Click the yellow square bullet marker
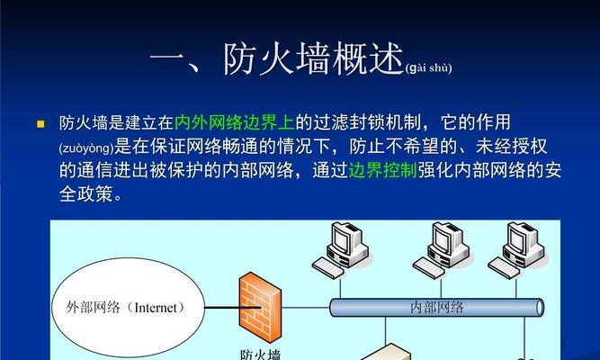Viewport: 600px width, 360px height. pos(40,124)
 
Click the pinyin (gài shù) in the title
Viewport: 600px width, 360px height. pos(428,67)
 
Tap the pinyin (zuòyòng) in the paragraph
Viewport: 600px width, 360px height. pos(86,148)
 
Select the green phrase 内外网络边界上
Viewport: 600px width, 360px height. pos(235,122)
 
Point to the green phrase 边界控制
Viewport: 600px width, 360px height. pos(382,170)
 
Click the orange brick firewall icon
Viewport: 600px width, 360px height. pos(260,307)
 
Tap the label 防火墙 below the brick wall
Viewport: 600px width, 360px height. pos(261,354)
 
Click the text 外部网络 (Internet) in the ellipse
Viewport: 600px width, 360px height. pos(126,307)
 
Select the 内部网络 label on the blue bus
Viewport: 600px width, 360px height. pos(436,307)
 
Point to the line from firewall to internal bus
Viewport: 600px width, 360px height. pos(306,307)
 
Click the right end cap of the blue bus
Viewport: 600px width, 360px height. pos(540,308)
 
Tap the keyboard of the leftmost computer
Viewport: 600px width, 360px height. pos(328,267)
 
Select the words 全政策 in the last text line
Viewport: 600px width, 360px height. pos(86,193)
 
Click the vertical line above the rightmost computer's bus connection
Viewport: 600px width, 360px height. pos(516,289)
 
